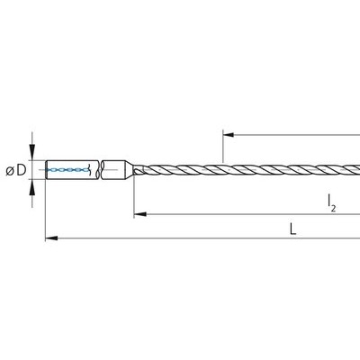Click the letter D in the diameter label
coord(22,170)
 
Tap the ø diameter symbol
coord(10,171)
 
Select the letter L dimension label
coord(293,229)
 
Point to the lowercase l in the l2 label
coord(329,201)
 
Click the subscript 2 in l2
coord(333,208)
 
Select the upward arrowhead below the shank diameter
coord(32,188)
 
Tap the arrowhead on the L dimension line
coord(51,238)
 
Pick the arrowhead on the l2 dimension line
coord(140,214)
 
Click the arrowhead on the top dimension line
coord(229,135)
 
